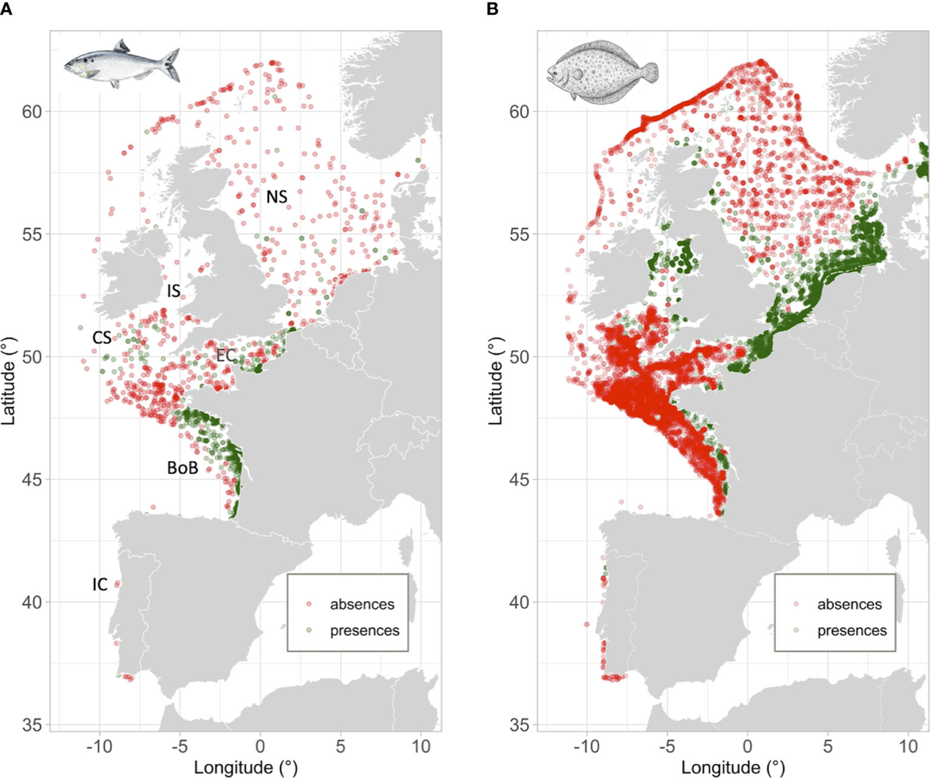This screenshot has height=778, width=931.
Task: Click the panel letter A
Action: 7,9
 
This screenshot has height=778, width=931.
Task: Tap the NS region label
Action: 277,197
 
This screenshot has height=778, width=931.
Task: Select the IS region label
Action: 174,291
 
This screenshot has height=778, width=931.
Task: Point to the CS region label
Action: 102,336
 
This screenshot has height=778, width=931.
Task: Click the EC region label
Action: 226,356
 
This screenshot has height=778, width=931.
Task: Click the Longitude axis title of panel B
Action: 725,766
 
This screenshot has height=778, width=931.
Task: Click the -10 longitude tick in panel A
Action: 99,745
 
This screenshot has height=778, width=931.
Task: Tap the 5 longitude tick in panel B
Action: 828,745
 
